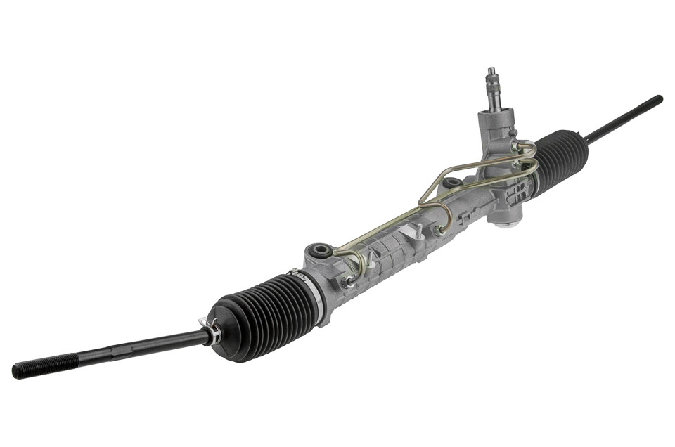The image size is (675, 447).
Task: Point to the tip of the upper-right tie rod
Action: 657,99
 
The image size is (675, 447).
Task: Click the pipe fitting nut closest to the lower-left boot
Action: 347,282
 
